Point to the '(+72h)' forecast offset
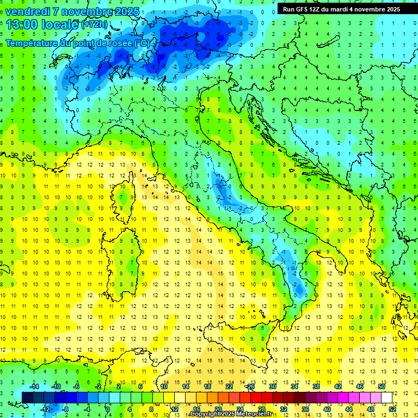[x=94, y=25]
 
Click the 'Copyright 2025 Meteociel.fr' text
[x=233, y=414]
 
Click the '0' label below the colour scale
[x=108, y=409]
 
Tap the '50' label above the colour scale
[x=382, y=386]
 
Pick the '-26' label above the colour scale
[x=250, y=386]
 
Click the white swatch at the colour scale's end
[x=386, y=397]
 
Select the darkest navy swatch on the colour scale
[x=27, y=397]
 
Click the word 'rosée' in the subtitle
[x=120, y=43]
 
